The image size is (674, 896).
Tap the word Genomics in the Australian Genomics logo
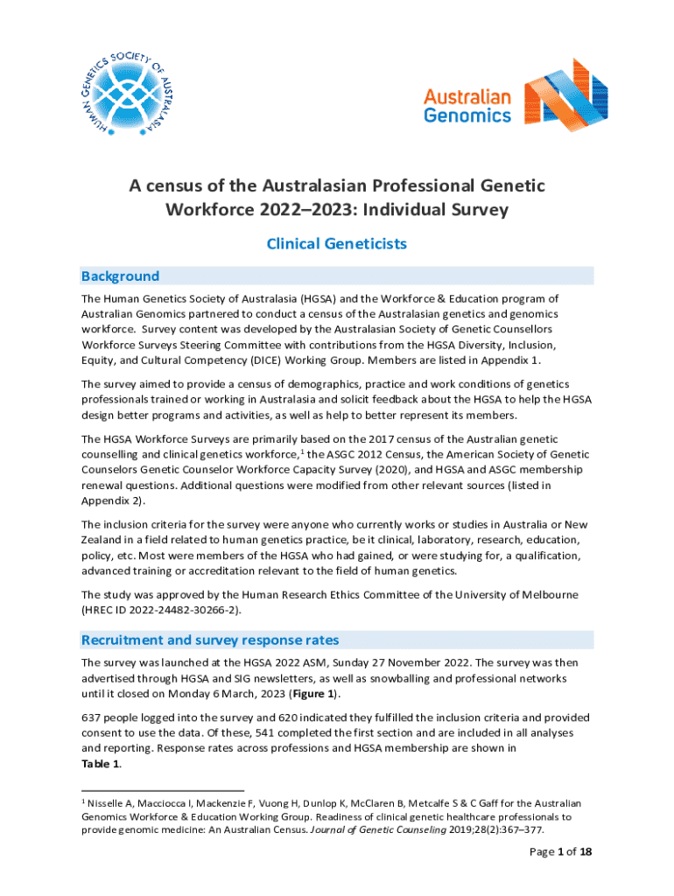467,115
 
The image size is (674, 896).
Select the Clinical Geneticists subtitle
336,244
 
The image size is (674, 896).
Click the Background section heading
120,276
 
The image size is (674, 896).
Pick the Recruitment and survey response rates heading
209,640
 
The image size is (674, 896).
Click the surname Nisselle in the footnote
112,802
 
